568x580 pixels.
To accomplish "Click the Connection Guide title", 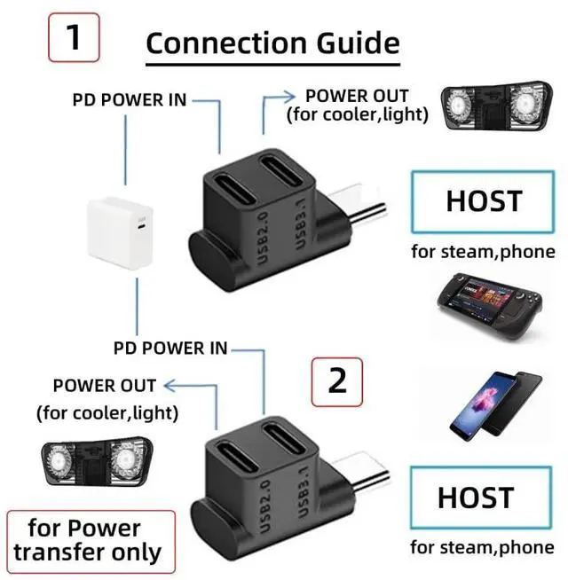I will (272, 42).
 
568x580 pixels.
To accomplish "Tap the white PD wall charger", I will (122, 235).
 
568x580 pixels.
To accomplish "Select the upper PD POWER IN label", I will (130, 99).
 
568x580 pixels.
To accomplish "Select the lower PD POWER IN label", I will (170, 348).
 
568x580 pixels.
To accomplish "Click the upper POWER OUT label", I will (357, 96).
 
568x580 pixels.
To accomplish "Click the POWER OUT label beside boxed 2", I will (105, 386).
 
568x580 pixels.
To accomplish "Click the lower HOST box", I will (475, 498).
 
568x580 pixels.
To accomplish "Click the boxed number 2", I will (336, 380).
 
